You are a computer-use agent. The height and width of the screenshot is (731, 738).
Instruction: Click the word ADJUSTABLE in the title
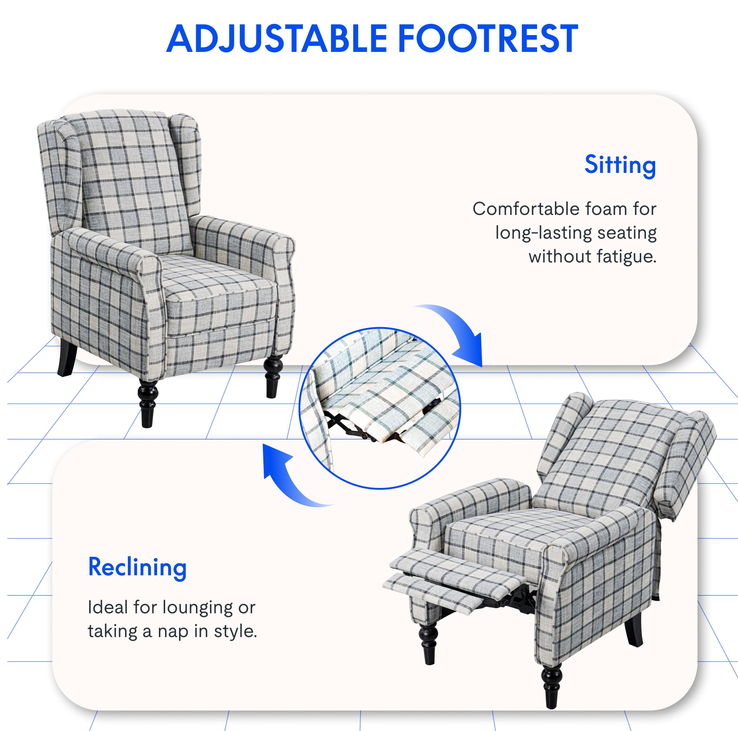click(x=276, y=39)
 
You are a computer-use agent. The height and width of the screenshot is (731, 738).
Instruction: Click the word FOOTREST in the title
click(x=488, y=39)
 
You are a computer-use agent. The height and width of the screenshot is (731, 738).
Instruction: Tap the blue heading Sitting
click(x=620, y=166)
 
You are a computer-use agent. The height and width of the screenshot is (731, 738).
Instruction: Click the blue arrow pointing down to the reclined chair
click(x=459, y=333)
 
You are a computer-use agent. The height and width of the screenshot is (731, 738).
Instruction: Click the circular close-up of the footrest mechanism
click(x=380, y=408)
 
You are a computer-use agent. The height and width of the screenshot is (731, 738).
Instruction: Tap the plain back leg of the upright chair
click(x=67, y=357)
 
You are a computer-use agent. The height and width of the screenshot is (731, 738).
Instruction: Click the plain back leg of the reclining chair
click(x=634, y=630)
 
